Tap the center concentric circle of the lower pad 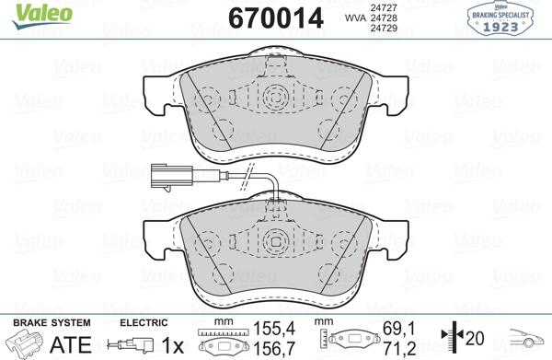[275, 242]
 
